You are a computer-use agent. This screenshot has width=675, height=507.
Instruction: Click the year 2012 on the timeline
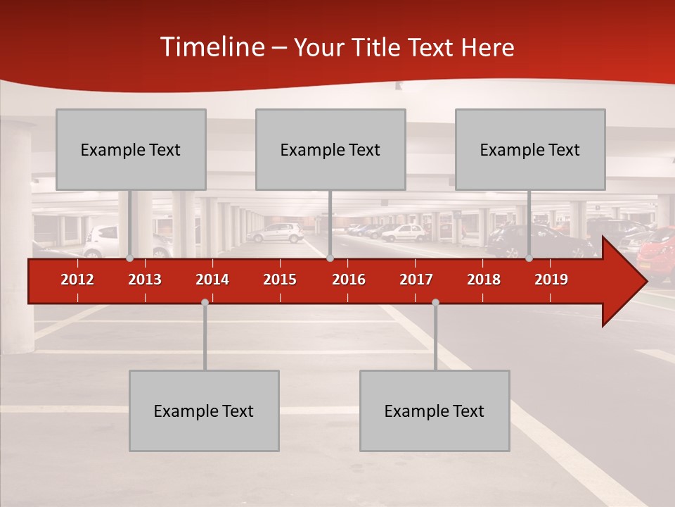point(77,280)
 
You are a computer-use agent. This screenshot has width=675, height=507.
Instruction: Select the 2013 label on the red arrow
point(145,280)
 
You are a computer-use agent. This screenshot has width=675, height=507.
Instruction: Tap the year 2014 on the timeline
point(212,280)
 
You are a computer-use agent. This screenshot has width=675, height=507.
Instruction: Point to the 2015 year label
point(280,280)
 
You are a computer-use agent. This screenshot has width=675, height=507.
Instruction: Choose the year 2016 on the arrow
point(349,280)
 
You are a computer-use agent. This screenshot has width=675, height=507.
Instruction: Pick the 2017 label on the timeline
point(416,280)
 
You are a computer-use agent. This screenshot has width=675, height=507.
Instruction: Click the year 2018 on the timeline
point(484,280)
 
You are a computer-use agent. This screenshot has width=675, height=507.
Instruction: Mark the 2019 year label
point(551,280)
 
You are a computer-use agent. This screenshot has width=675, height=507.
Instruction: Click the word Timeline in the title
point(212,47)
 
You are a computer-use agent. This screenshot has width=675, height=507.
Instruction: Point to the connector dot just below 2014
point(205,302)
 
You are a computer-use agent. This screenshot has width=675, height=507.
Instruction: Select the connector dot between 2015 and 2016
point(330,258)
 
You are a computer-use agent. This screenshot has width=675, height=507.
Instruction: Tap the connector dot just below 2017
point(435,302)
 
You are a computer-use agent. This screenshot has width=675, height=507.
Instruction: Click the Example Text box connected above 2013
point(131,149)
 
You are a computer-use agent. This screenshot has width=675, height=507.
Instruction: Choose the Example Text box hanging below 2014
point(204,411)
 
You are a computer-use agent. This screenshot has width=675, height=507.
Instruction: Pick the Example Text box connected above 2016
point(330,149)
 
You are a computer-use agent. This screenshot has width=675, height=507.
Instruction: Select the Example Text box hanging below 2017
point(435,411)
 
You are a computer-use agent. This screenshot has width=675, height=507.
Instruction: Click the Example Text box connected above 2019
point(530,149)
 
